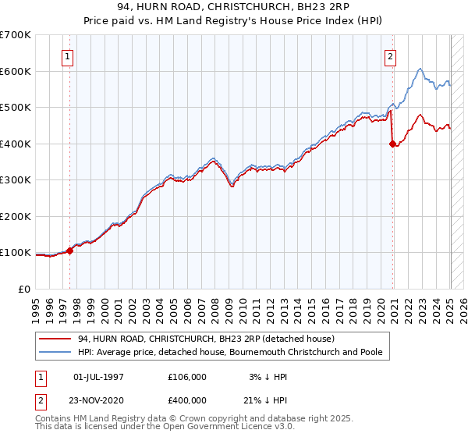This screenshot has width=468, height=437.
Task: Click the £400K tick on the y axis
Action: click(16, 144)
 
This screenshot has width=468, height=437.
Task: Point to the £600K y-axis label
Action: click(16, 71)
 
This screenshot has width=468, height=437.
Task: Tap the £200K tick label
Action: click(16, 216)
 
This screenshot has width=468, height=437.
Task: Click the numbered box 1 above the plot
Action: click(69, 56)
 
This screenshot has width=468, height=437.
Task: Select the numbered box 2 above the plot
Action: click(389, 56)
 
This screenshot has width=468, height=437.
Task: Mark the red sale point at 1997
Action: click(69, 250)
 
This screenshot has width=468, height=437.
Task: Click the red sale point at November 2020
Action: click(392, 144)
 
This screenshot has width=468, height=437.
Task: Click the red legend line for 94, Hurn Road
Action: click(56, 339)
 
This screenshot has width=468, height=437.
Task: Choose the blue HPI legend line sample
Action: click(56, 352)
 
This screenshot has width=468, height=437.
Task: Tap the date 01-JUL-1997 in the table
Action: click(98, 377)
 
